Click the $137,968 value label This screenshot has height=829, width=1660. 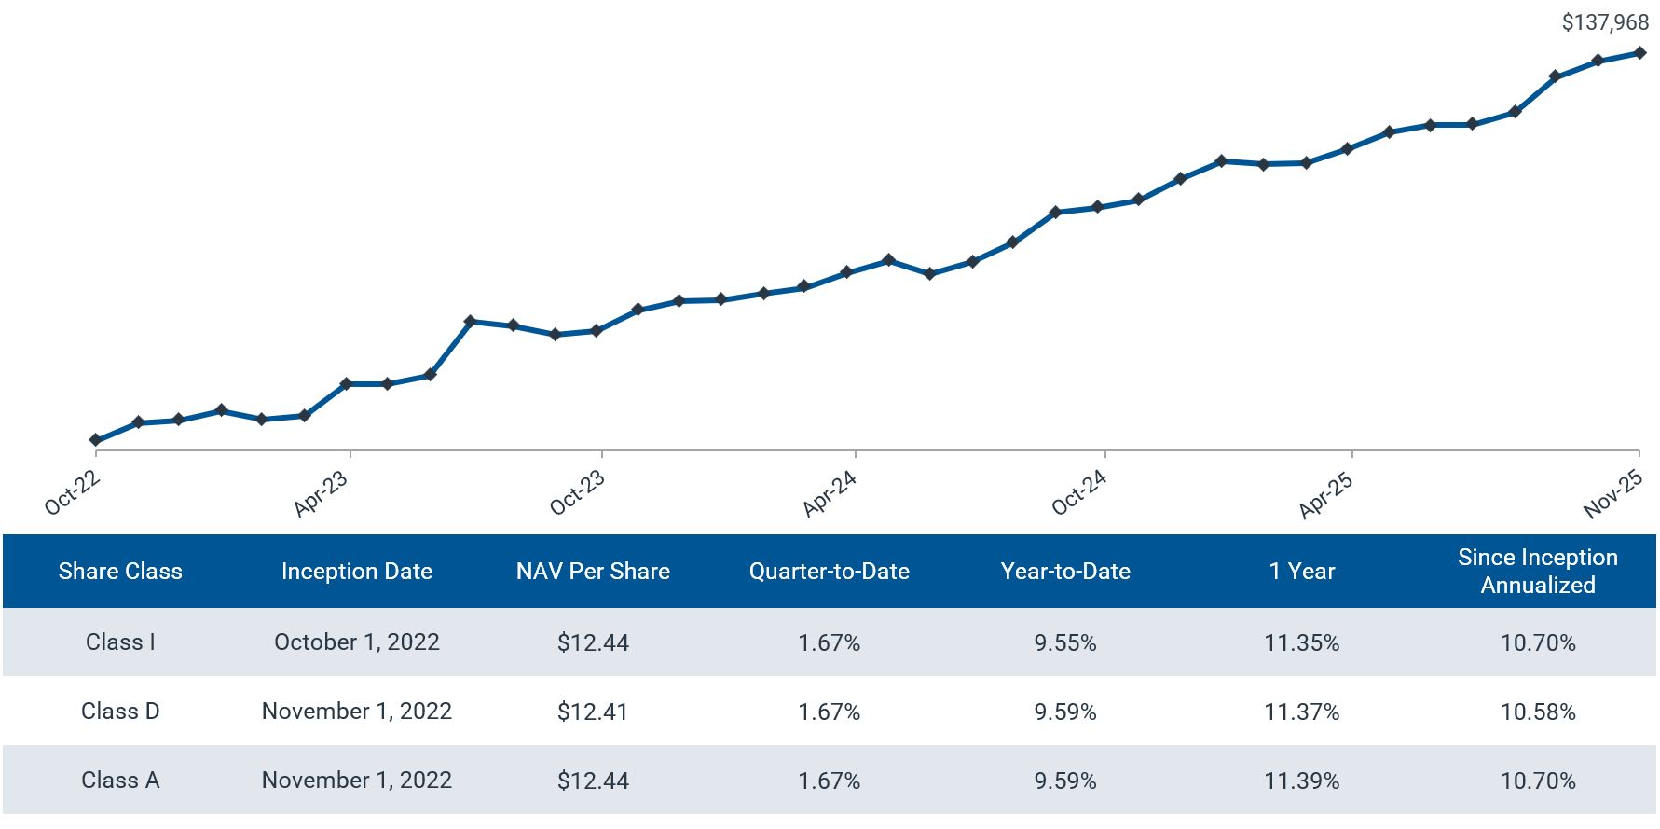1605,21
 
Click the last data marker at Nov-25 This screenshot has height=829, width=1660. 1639,53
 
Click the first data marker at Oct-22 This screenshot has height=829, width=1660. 96,440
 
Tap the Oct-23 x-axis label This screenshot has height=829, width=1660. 578,492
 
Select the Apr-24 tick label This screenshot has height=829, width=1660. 830,493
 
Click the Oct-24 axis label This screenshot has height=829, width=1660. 1079,492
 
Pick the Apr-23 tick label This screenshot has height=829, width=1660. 321,493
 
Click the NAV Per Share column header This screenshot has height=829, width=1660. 593,572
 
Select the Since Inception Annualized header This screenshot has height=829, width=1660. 1537,571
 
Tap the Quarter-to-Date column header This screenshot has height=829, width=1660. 829,572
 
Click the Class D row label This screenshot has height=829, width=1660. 120,712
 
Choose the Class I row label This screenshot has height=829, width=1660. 120,642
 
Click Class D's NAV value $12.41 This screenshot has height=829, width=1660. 593,712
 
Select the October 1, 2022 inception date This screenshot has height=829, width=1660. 356,642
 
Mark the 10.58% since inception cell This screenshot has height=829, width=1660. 1537,712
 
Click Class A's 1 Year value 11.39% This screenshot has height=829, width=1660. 1301,781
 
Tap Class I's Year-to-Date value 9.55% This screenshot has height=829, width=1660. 1064,642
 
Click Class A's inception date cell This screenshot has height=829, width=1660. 356,781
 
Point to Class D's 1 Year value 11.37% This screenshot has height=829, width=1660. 1301,712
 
